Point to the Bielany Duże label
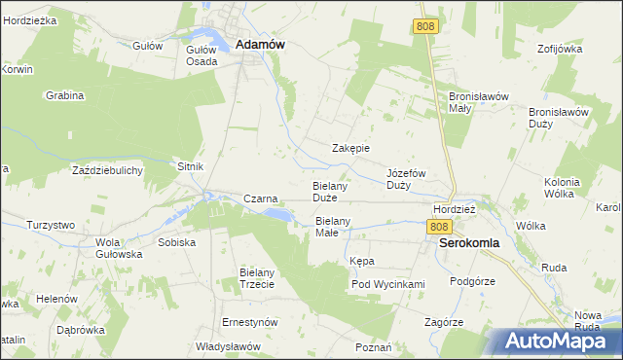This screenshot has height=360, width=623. point(331,191)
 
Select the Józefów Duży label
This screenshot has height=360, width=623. point(407,178)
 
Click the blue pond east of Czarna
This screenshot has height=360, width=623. point(276,213)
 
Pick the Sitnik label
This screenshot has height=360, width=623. point(190,166)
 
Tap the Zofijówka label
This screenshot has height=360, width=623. point(558,48)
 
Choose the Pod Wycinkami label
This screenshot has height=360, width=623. point(388,284)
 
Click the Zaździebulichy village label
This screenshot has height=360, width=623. point(108,170)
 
